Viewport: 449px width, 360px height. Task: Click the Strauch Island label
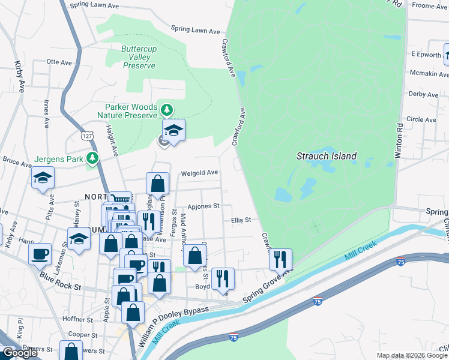[327, 156]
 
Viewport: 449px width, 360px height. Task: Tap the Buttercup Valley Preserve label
[139, 57]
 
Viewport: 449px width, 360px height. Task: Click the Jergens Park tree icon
[92, 158]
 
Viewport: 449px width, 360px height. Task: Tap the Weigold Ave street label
[199, 173]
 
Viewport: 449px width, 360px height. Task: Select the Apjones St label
[203, 206]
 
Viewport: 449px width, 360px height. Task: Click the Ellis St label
[241, 220]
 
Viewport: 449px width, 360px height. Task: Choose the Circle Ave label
[421, 119]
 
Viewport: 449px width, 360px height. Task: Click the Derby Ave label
[423, 94]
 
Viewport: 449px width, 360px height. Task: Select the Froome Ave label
[430, 6]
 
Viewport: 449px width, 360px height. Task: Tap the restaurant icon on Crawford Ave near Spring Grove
[280, 259]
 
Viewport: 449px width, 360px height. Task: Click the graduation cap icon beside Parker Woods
[173, 130]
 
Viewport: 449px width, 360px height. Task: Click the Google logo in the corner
[20, 353]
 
